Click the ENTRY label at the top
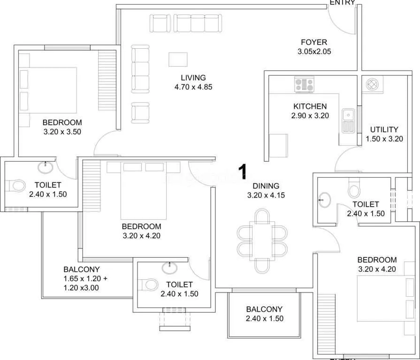[342, 2]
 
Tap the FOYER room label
[314, 42]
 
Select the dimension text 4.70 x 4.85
[193, 86]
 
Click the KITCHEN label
[310, 106]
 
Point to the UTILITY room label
[384, 129]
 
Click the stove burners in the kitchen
[304, 84]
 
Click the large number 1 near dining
[242, 172]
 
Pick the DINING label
[266, 186]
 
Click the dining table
[263, 240]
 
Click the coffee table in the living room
[178, 60]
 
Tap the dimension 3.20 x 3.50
[62, 132]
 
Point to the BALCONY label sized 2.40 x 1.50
[264, 309]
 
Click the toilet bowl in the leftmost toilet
[17, 186]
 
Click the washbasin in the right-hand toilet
[325, 200]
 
